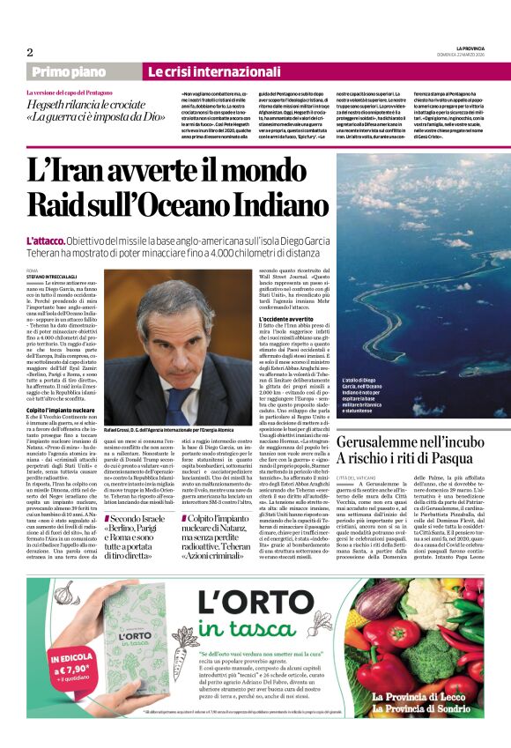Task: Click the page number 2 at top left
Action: tap(30, 52)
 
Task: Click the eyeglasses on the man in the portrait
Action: tap(197, 339)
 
